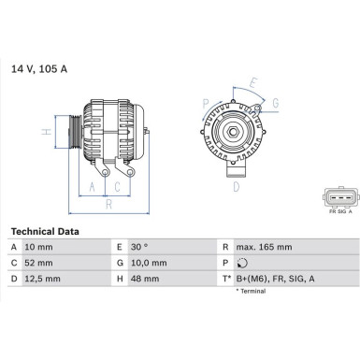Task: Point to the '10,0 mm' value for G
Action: point(150,263)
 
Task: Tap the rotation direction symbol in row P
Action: point(243,263)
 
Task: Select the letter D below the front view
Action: point(236,186)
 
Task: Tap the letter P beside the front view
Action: point(205,103)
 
